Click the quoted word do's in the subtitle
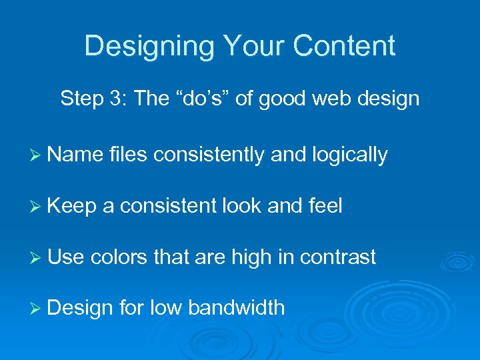point(200,99)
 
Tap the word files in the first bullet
point(128,155)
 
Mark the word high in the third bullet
point(251,258)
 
